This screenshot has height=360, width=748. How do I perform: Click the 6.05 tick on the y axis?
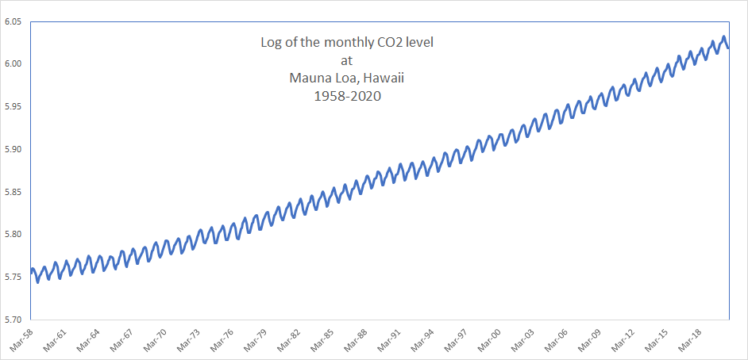coord(13,21)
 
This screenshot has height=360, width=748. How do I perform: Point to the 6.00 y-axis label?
coord(13,63)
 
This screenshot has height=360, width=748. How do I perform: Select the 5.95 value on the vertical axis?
coord(13,106)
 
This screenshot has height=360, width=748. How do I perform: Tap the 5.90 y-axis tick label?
coord(13,149)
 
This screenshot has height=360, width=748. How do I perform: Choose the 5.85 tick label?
coord(13,192)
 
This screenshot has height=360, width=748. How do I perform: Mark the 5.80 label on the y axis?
coord(13,235)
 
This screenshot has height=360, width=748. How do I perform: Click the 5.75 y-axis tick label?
coord(13,278)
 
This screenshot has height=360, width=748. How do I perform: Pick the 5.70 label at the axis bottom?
coord(13,320)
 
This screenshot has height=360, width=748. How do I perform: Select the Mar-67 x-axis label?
coord(121,339)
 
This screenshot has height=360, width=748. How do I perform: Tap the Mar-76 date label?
coord(221,339)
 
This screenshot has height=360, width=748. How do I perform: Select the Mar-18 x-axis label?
coord(688,339)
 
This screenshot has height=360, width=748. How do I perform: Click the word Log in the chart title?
coord(272,42)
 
